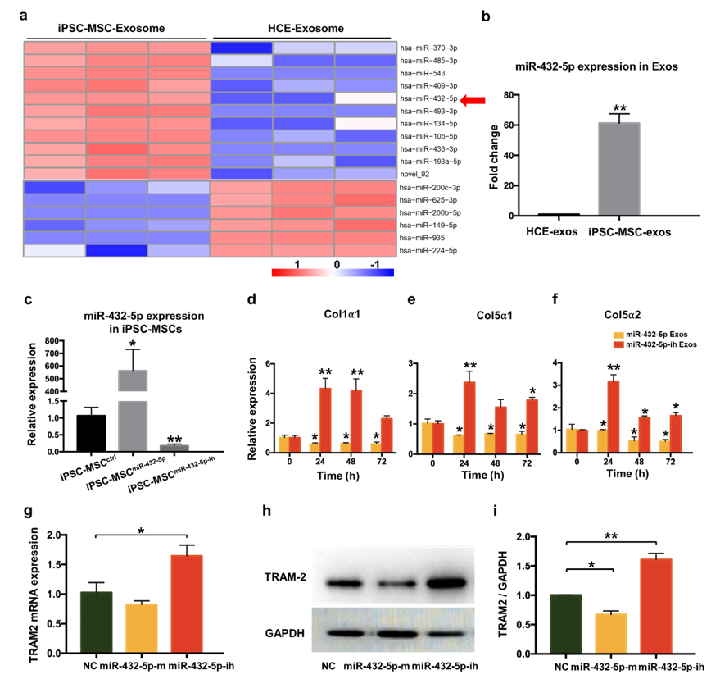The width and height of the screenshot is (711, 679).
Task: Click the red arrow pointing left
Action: click(472, 100)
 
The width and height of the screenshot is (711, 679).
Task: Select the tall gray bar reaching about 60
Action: click(618, 169)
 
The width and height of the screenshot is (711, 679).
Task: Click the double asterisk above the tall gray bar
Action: click(619, 109)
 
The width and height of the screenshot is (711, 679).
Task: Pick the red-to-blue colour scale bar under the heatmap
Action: click(333, 272)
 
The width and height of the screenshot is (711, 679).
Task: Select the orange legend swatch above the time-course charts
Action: click(619, 335)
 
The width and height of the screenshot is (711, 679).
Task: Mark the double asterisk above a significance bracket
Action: click(611, 535)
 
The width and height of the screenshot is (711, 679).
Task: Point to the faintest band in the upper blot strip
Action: click(391, 585)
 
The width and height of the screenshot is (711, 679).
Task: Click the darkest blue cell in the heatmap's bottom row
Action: click(117, 250)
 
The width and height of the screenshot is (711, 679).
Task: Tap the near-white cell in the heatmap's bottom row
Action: click(55, 250)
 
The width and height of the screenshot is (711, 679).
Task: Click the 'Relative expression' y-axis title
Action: click(263, 410)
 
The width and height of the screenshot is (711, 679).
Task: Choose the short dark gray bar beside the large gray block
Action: click(174, 447)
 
